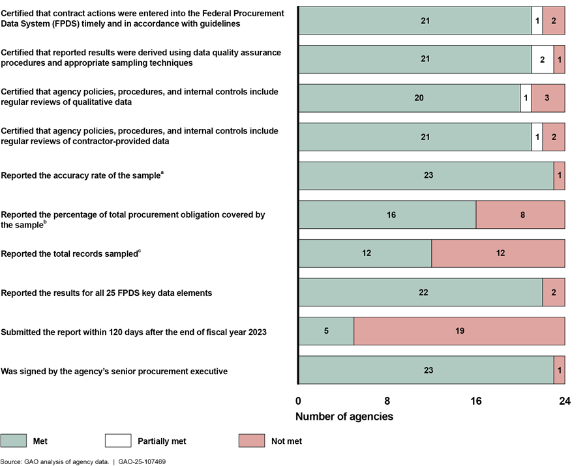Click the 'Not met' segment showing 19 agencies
point(459,331)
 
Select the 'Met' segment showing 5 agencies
point(326,331)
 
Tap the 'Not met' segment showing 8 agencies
point(520,214)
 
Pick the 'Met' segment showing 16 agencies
point(387,214)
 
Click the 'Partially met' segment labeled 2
point(543,59)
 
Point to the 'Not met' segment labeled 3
point(548,98)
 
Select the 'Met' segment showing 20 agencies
point(410,98)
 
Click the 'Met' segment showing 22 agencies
point(421,292)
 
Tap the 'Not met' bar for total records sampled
point(498,253)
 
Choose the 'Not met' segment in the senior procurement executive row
point(559,370)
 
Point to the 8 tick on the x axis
point(387,401)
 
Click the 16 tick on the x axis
point(476,401)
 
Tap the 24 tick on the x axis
point(564,401)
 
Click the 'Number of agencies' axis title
point(344,416)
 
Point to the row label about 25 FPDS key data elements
point(106,293)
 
